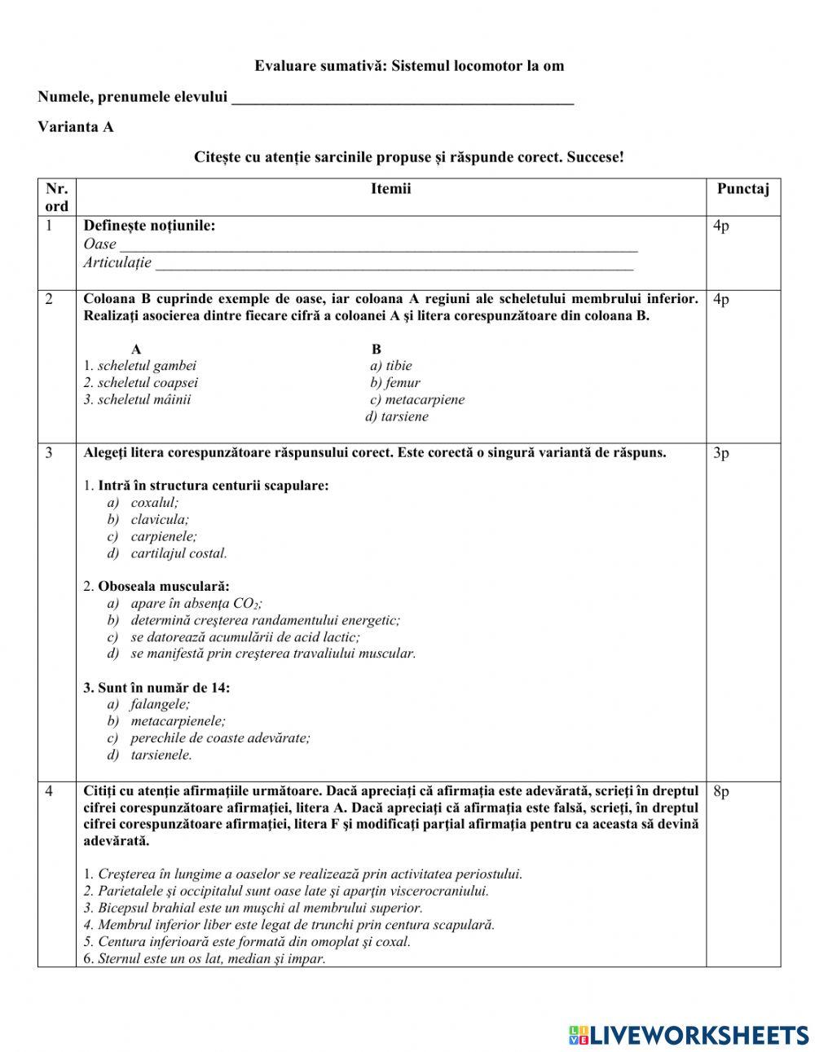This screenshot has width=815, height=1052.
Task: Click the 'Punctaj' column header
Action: [x=742, y=189]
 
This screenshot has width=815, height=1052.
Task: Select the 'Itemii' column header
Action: [x=390, y=189]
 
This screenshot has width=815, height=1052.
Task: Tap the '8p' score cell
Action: [x=721, y=791]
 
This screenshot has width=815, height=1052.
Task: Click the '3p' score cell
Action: [x=721, y=453]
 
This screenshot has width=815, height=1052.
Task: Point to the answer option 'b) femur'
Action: [x=395, y=382]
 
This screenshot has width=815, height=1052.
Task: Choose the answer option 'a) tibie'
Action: [x=391, y=365]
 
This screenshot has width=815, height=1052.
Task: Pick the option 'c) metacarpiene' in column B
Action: [x=417, y=399]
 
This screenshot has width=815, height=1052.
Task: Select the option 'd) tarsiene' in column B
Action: [x=397, y=416]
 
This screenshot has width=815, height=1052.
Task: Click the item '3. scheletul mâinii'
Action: [x=137, y=399]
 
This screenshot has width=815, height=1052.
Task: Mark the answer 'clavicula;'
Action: [x=160, y=519]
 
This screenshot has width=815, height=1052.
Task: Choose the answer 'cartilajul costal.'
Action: [x=178, y=553]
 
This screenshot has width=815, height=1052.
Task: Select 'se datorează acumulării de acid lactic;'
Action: [x=244, y=636]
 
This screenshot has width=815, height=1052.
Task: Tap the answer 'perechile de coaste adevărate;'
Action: [x=220, y=737]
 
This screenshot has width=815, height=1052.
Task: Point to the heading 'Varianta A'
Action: [x=75, y=127]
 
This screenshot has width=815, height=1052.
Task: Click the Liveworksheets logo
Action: [x=689, y=1035]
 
